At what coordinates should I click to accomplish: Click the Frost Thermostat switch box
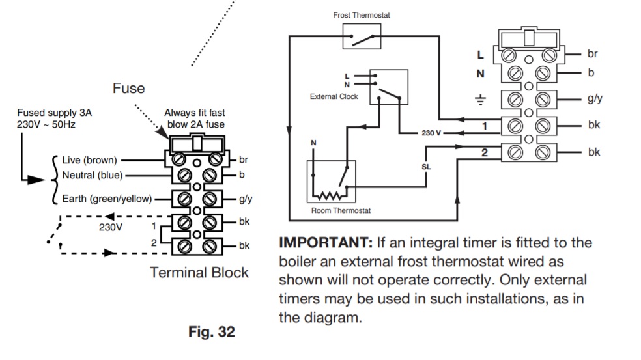[362, 36]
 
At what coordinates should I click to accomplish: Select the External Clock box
[389, 87]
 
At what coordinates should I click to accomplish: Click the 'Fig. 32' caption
[211, 332]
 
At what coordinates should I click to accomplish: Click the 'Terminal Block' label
[199, 272]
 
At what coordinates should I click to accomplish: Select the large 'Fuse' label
[128, 88]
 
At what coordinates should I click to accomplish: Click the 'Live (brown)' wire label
[89, 159]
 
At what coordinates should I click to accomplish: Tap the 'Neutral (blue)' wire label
[92, 174]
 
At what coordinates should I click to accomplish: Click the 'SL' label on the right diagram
[427, 166]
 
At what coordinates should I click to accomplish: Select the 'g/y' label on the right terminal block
[595, 99]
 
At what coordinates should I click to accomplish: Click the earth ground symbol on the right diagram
[481, 100]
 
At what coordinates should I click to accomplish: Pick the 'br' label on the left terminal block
[244, 159]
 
